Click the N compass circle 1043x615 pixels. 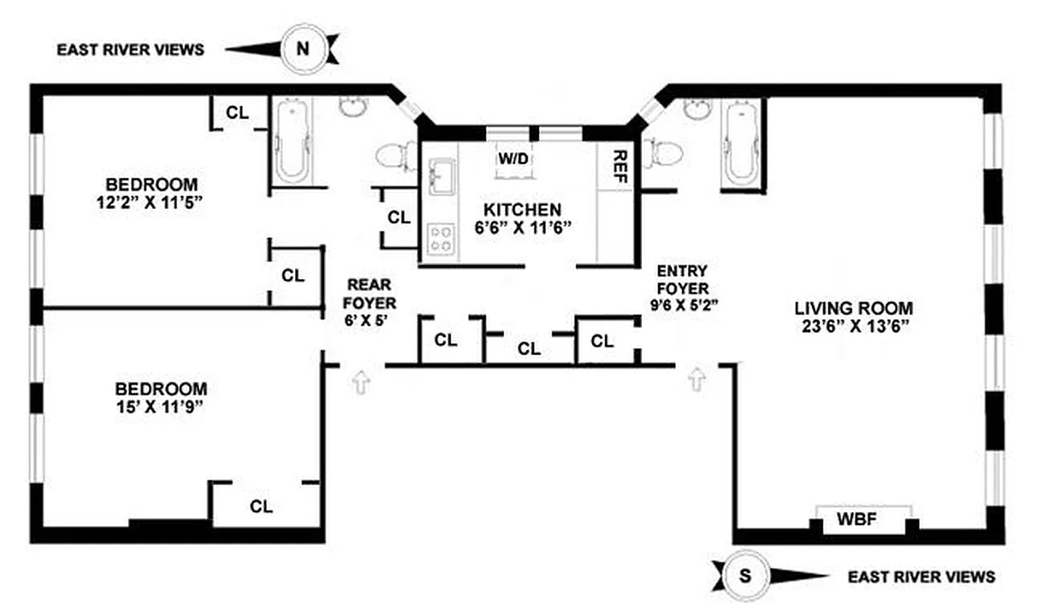click(x=303, y=49)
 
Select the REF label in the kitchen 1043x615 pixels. click(x=620, y=166)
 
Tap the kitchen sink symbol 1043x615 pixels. click(x=440, y=175)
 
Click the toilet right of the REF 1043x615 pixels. click(x=662, y=151)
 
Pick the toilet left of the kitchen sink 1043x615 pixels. click(x=396, y=155)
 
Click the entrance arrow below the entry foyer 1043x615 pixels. click(x=697, y=379)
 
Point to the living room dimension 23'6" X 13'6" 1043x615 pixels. click(x=853, y=326)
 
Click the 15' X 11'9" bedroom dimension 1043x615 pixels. click(x=161, y=407)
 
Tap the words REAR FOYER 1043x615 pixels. click(x=370, y=293)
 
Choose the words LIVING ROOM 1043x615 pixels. click(x=853, y=308)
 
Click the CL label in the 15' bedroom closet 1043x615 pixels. click(x=261, y=507)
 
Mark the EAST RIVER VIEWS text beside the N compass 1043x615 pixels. click(x=131, y=50)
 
